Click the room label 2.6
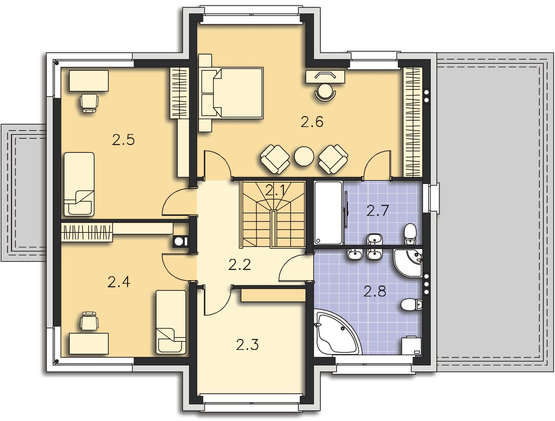pos(312,122)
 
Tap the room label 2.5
pos(123,140)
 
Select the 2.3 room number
pos(247,345)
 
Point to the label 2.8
pos(374,291)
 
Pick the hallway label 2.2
pos(239,265)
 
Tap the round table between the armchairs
pos(304,156)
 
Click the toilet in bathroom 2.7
pos(410,234)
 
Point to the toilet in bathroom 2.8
pos(411,305)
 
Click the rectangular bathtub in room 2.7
pos(328,213)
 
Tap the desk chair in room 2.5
pos(89,103)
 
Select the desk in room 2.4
pos(89,344)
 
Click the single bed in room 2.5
pos(79,184)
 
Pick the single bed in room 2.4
pos(171,322)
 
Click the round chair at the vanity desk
pos(325,92)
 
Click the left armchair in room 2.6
pos(275,159)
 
